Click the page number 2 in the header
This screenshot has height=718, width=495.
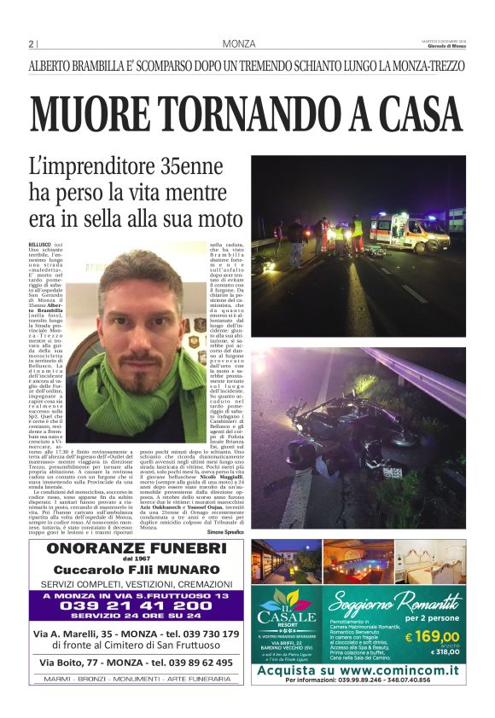[32, 44]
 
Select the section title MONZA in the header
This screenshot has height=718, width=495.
[239, 44]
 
